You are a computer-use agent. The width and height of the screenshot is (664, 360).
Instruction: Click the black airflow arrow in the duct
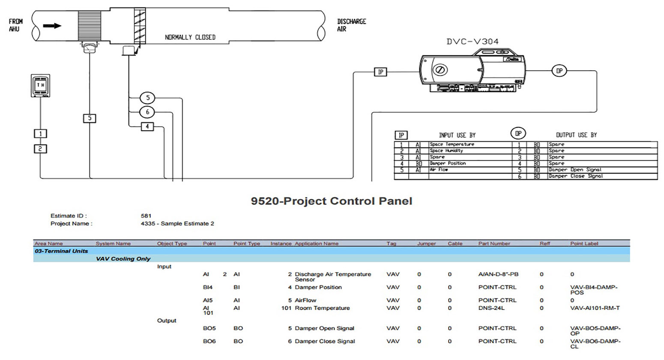coord(52,26)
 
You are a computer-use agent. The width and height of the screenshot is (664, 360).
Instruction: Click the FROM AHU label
coord(15,25)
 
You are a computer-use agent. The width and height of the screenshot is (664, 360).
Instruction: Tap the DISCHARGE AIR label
coord(351,25)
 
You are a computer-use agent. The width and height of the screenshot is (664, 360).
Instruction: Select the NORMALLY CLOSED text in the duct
coord(190,37)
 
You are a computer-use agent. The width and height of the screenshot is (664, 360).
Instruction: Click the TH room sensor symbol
coord(41,86)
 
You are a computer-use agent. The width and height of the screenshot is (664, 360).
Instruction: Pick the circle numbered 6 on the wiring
coord(147,112)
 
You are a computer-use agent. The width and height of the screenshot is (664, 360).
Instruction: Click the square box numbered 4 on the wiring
coord(147,127)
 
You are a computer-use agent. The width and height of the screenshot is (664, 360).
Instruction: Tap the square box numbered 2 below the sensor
coord(40,149)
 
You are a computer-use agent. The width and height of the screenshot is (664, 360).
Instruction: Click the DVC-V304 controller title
coord(473,42)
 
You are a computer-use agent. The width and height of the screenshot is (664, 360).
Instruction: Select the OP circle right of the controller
coord(559,71)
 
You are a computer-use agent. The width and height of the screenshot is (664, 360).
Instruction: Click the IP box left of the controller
coord(380,72)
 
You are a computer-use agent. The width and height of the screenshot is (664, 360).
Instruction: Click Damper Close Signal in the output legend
coord(575,176)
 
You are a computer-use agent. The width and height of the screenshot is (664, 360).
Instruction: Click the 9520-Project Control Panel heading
coord(331,201)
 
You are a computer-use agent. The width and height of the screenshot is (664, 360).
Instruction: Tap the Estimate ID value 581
coord(146,216)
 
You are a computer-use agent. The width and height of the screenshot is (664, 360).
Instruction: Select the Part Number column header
coord(494,243)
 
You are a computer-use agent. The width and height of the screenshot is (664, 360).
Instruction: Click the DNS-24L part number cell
coord(491,308)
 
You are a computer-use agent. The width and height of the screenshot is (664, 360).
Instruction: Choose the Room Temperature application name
coord(322,308)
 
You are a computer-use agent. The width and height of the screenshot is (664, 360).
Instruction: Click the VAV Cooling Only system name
coord(123,259)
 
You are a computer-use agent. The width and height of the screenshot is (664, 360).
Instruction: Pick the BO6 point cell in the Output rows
coord(209,342)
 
